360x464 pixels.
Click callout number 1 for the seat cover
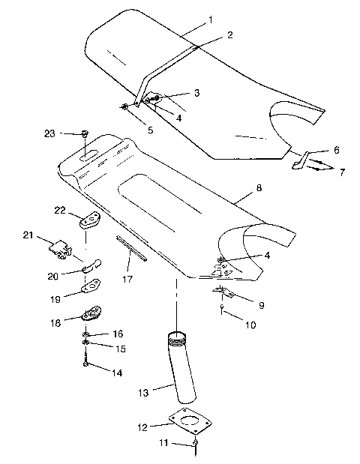pyautogui.click(x=211, y=19)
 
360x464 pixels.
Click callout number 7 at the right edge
pyautogui.click(x=343, y=172)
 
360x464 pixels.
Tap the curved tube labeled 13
pyautogui.click(x=183, y=367)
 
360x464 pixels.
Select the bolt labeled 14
pyautogui.click(x=88, y=365)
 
